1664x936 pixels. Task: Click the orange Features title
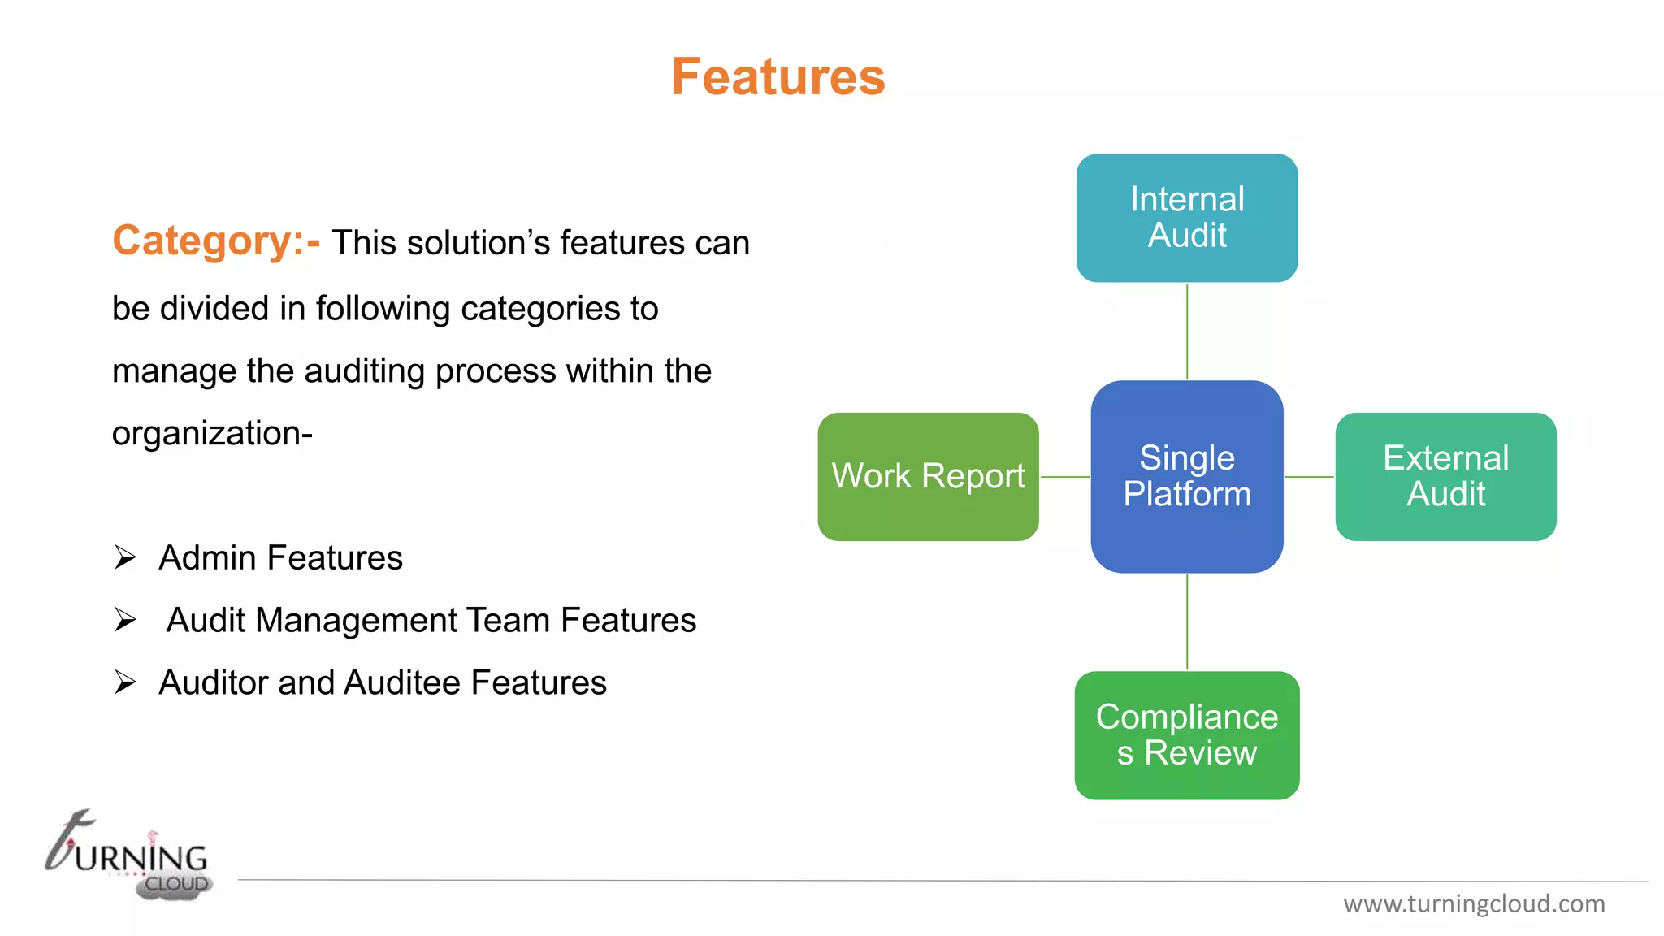pyautogui.click(x=778, y=77)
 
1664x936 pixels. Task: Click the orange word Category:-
pyautogui.click(x=216, y=241)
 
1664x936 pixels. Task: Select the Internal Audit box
pyautogui.click(x=1186, y=218)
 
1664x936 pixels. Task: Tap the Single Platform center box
pyautogui.click(x=1186, y=477)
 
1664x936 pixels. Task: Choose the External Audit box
pyautogui.click(x=1445, y=477)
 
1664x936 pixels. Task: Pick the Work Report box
pyautogui.click(x=928, y=477)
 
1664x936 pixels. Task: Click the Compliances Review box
pyautogui.click(x=1186, y=735)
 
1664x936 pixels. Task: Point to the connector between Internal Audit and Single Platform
pyautogui.click(x=1187, y=331)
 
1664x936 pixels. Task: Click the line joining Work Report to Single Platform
pyautogui.click(x=1065, y=477)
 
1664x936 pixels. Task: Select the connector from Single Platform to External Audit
pyautogui.click(x=1309, y=477)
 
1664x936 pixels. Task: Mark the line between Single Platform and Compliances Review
pyautogui.click(x=1187, y=622)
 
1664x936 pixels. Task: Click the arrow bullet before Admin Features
pyautogui.click(x=125, y=557)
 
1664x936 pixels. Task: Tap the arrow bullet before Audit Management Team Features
pyautogui.click(x=125, y=620)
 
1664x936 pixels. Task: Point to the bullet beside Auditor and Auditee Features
pyautogui.click(x=125, y=682)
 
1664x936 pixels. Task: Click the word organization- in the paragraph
pyautogui.click(x=212, y=433)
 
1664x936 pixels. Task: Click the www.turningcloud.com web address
pyautogui.click(x=1474, y=903)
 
